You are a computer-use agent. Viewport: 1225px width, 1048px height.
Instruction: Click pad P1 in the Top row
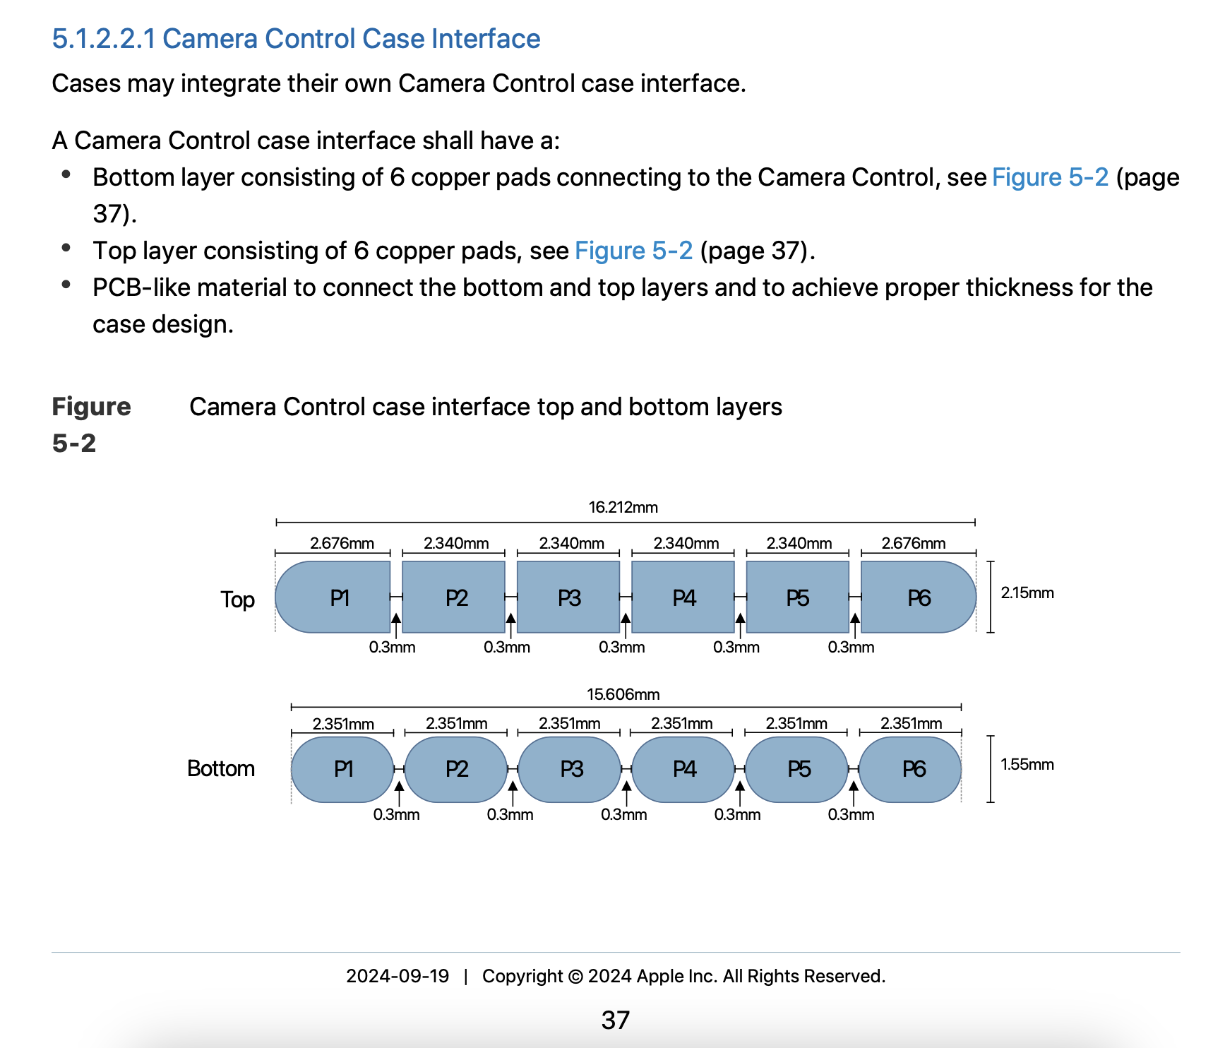(x=333, y=597)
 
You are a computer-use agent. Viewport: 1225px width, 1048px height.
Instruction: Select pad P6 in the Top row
(x=918, y=597)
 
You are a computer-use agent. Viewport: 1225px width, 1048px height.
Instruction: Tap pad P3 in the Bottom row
(x=570, y=769)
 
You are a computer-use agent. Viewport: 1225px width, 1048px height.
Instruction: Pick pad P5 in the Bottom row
(x=797, y=769)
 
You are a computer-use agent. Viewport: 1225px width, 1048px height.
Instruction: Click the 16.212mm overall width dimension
(x=623, y=507)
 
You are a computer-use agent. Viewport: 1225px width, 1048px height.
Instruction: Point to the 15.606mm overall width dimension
(x=623, y=694)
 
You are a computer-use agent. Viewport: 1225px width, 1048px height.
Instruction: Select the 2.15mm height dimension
(x=1027, y=593)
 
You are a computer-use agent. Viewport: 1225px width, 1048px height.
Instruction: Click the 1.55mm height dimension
(x=1027, y=765)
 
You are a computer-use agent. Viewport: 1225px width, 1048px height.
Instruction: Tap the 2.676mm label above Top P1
(x=342, y=543)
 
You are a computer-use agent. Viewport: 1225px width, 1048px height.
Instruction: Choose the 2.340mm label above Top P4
(x=686, y=543)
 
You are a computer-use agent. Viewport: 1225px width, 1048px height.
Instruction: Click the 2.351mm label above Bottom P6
(x=911, y=723)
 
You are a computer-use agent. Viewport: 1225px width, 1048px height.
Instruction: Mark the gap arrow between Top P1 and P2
(x=396, y=622)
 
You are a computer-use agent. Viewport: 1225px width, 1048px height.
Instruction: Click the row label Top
(x=237, y=600)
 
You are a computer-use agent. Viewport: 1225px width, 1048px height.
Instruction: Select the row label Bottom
(x=221, y=768)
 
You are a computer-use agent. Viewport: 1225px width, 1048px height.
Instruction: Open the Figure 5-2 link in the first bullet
(x=1050, y=177)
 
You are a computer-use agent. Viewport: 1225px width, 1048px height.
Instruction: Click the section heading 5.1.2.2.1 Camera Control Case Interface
(x=296, y=39)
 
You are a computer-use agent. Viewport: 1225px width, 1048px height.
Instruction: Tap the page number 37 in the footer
(x=615, y=1020)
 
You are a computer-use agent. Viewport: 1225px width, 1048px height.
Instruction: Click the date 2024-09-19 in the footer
(x=397, y=976)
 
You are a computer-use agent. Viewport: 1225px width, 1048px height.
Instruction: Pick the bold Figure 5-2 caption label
(x=91, y=424)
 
